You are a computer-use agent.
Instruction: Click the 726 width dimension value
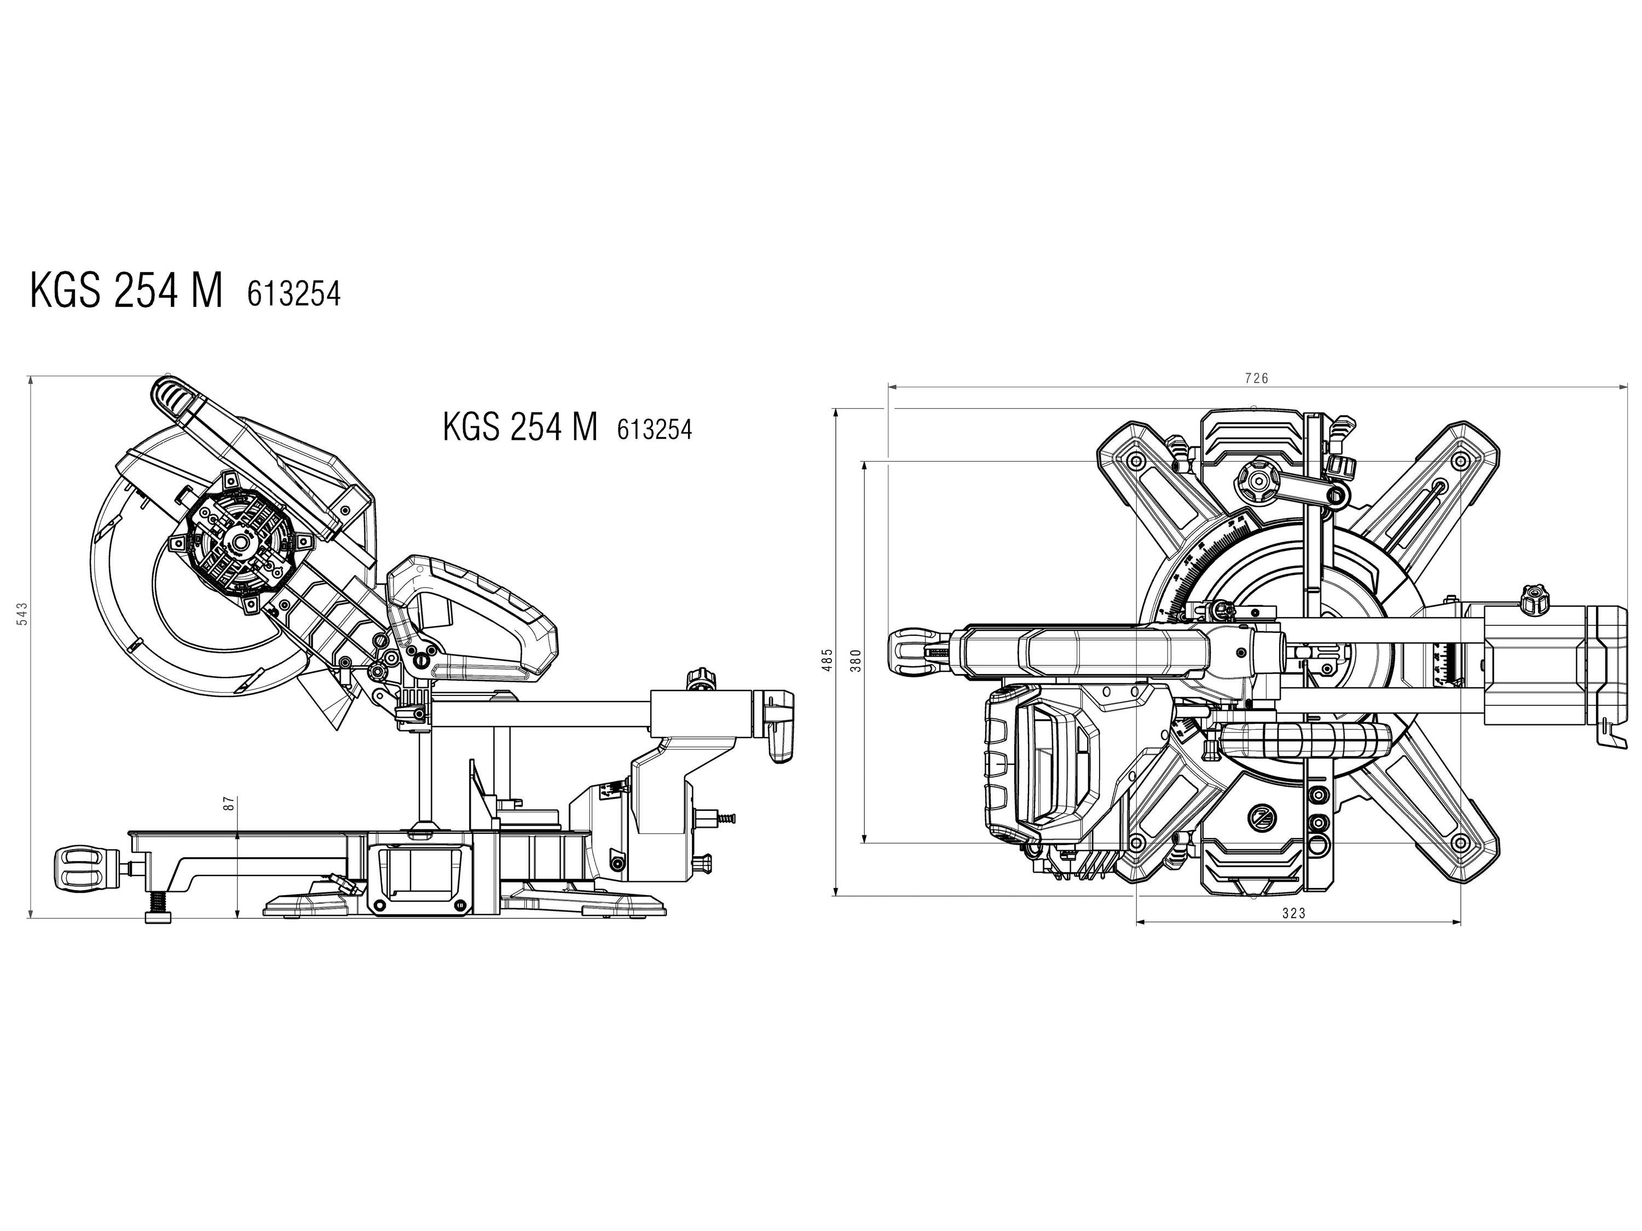tap(1256, 379)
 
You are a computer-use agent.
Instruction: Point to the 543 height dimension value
tap(22, 614)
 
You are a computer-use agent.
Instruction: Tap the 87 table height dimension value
tap(229, 803)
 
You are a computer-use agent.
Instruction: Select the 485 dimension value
tap(828, 660)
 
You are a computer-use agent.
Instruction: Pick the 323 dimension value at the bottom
tap(1293, 914)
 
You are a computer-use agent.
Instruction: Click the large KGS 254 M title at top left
tap(126, 291)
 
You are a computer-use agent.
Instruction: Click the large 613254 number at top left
tap(294, 294)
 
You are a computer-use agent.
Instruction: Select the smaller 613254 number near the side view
tap(654, 429)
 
